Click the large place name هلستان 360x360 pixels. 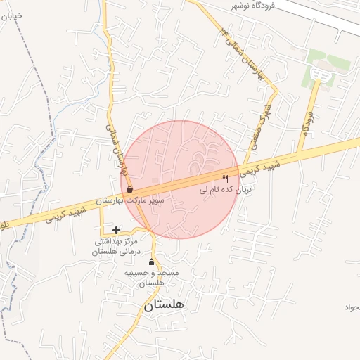coord(163,305)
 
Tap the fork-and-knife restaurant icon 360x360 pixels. coord(226,179)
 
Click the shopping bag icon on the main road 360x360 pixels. coord(129,189)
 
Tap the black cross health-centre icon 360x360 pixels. coord(116,230)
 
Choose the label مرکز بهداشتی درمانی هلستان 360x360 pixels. coord(117,246)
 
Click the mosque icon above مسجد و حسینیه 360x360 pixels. coord(151,262)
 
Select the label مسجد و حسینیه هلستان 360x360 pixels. coord(150,277)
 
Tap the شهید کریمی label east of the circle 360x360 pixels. coord(260,167)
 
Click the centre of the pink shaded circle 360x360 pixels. coord(180,180)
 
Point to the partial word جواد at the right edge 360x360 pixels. coord(351,307)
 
